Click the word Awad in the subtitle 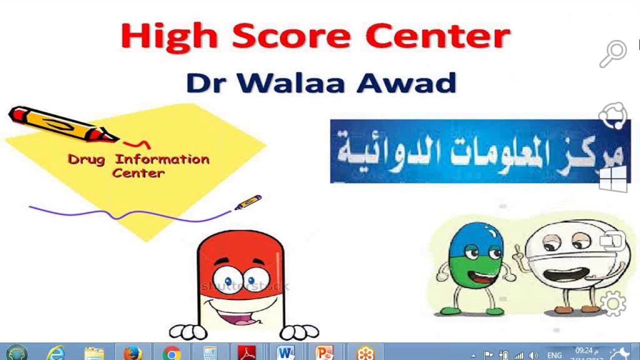tap(406, 83)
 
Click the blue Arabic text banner tap(480, 151)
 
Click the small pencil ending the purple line tap(248, 202)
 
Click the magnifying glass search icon tap(613, 53)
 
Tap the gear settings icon tap(613, 302)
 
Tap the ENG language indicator tap(554, 355)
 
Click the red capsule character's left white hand tap(188, 331)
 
